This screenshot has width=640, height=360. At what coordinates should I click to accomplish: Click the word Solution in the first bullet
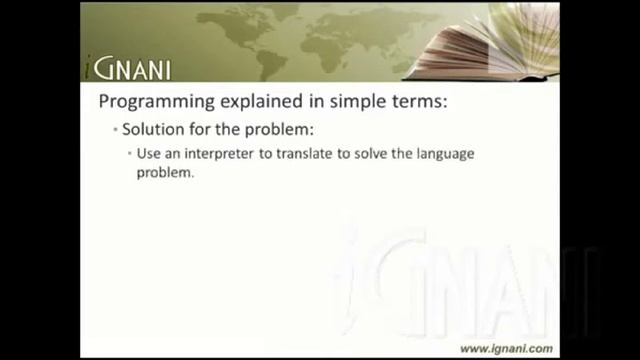point(151,131)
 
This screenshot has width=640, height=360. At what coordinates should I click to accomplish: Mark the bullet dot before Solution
point(115,131)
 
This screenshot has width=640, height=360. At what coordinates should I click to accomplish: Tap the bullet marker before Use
point(130,153)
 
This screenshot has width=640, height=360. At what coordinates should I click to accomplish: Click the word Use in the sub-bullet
point(148,153)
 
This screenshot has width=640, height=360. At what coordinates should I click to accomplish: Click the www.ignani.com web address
point(505,348)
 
